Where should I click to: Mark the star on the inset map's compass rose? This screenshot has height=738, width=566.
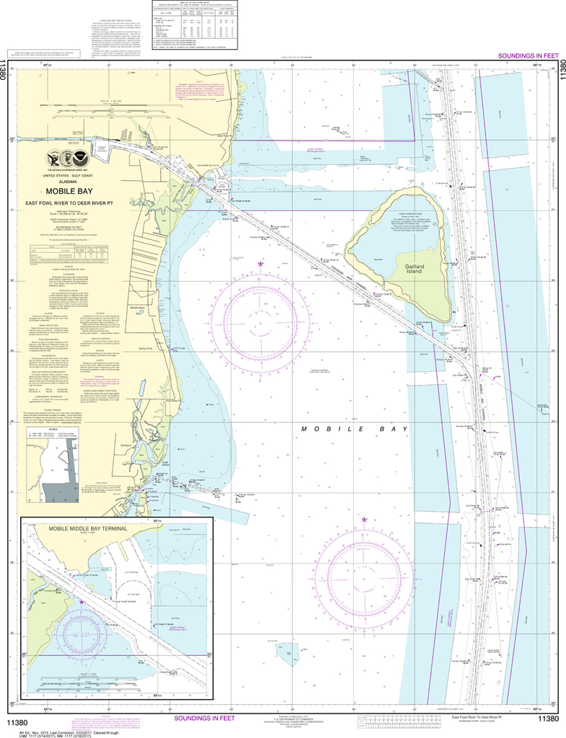click(81, 601)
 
